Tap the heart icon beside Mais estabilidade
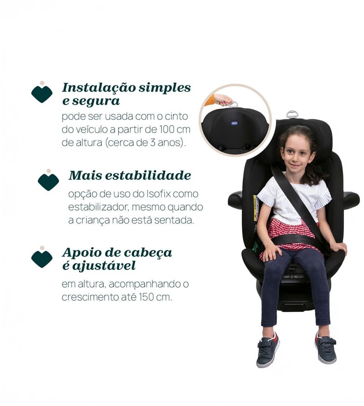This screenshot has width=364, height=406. (48, 181)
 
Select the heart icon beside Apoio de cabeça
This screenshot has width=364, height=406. (42, 258)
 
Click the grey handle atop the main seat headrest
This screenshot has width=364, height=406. (292, 114)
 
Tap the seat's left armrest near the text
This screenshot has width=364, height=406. (235, 199)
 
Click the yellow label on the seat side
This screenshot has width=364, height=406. (256, 207)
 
